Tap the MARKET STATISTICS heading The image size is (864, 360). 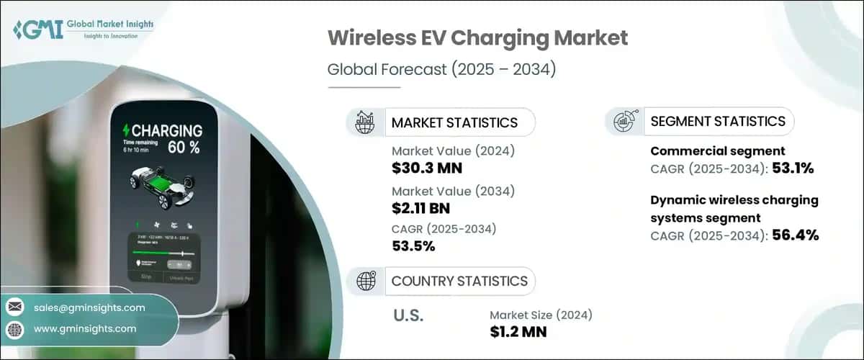click(x=454, y=122)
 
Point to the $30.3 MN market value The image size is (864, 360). click(x=427, y=168)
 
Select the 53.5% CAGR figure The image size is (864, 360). click(x=413, y=246)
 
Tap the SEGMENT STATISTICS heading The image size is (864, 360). click(x=717, y=121)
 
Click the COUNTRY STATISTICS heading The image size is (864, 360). click(x=459, y=281)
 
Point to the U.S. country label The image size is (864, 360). click(x=408, y=315)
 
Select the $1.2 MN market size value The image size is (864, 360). click(x=518, y=332)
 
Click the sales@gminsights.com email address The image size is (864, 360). click(x=89, y=307)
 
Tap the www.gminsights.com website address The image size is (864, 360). click(x=84, y=328)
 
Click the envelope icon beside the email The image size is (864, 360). click(x=14, y=307)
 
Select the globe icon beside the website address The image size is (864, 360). click(x=14, y=329)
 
